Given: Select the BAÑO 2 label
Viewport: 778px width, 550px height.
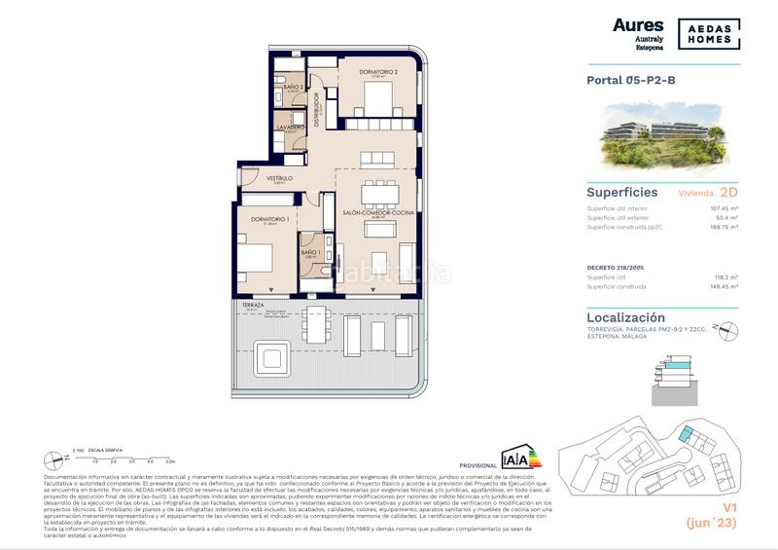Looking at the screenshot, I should pos(295,88).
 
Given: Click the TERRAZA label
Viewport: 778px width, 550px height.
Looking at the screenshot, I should pos(254,305).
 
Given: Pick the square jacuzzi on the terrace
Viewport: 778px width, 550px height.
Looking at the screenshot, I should pos(269,357).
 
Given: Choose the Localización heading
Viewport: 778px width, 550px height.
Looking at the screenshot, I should pos(626,317).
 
